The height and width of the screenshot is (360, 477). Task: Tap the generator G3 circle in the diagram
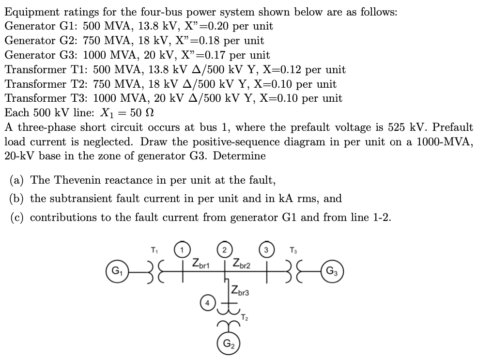[x=333, y=270]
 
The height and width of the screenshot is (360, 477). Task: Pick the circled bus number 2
[x=224, y=251]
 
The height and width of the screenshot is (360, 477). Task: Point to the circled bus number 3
[x=266, y=251]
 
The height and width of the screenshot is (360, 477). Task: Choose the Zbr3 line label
[x=240, y=292]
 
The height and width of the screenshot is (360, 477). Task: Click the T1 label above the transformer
[x=154, y=250]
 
